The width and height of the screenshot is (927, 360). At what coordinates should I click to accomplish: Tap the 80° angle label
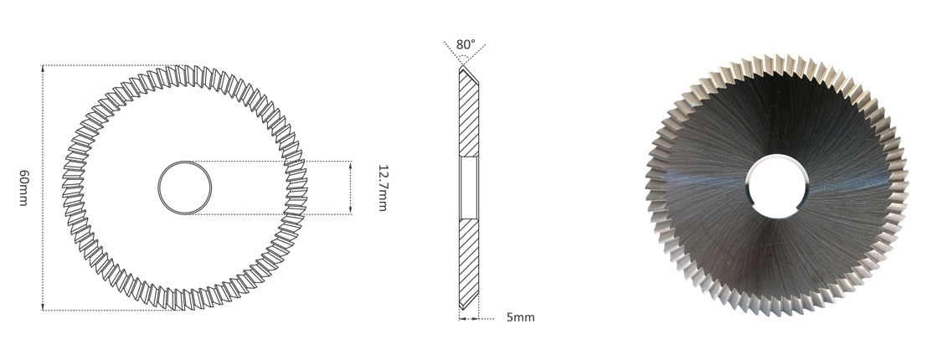[x=466, y=44]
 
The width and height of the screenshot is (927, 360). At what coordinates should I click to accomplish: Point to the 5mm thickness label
[x=520, y=318]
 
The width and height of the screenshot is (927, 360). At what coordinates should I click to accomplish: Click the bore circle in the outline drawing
[x=184, y=188]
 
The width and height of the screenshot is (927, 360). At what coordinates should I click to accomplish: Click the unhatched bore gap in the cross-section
[x=467, y=188]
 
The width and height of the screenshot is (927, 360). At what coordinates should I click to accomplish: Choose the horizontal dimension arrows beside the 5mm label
[x=468, y=318]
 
